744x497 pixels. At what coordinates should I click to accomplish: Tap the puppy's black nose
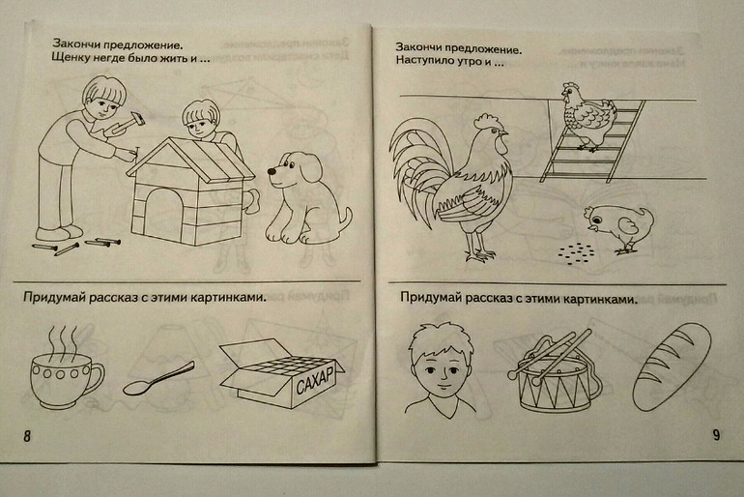[x=272, y=171]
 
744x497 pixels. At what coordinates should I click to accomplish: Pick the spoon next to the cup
[x=158, y=379]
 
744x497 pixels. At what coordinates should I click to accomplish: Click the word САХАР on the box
[x=315, y=380]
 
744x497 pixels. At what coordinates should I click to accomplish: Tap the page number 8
[x=27, y=436]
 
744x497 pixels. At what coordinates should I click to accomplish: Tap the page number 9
[x=716, y=435]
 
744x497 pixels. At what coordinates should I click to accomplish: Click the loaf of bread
[x=672, y=366]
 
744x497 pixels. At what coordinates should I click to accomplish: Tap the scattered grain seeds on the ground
[x=577, y=251]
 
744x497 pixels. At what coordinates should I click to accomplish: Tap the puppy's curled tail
[x=346, y=219]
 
